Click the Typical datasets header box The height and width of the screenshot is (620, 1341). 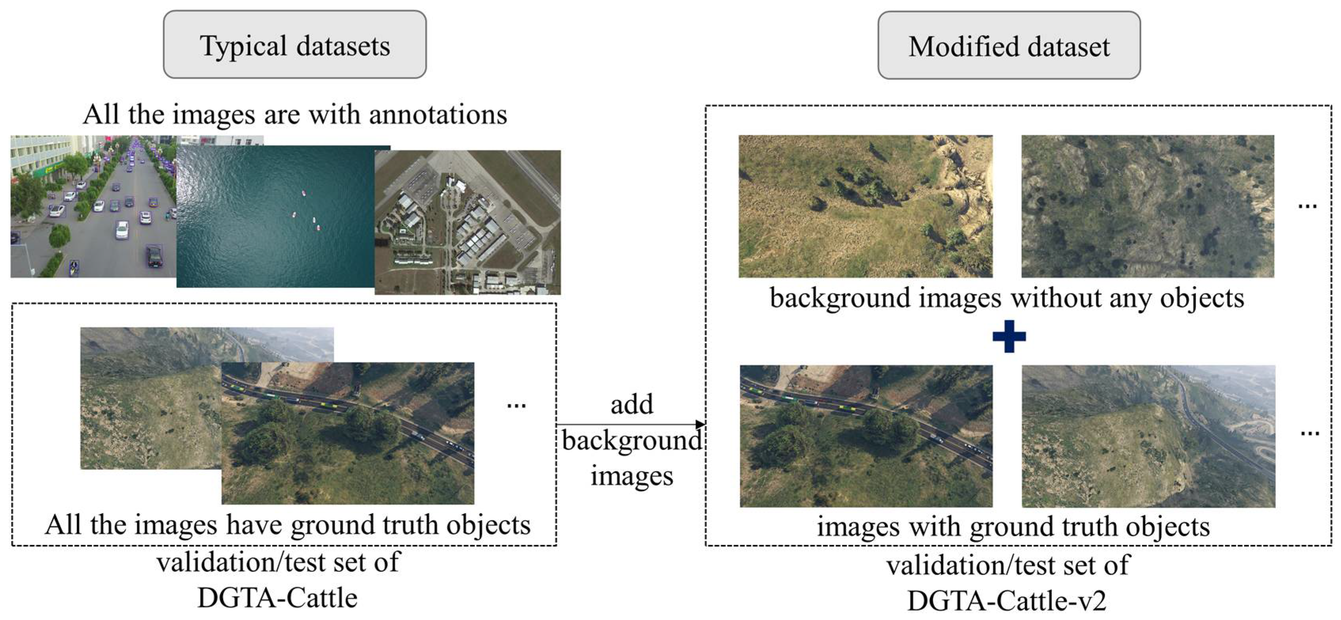point(295,45)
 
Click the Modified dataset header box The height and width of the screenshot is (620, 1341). point(1008,46)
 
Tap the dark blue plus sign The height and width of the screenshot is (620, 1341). point(1009,336)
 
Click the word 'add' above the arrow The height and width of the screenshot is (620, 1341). point(631,405)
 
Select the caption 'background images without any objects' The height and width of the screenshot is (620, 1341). point(1007,298)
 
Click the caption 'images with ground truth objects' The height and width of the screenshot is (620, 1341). point(1013,526)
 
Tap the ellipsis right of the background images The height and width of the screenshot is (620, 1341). point(1307,206)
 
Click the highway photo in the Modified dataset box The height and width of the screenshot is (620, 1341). point(866,436)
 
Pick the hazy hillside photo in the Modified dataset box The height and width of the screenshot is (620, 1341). point(1148,436)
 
